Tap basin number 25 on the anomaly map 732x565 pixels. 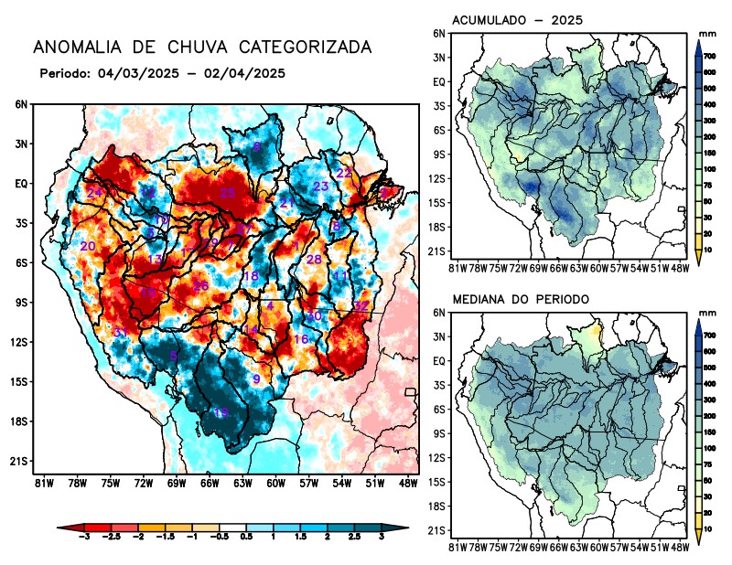point(228,193)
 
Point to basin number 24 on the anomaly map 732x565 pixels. point(94,192)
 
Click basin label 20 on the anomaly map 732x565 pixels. point(88,246)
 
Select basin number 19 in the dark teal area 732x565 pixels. point(221,412)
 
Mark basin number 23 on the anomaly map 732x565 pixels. point(320,187)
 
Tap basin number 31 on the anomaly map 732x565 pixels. point(119,331)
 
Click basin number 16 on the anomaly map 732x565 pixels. point(300,339)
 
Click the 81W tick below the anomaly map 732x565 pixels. point(41,482)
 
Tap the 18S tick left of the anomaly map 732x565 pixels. point(20,421)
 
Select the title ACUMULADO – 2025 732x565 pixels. point(518,20)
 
